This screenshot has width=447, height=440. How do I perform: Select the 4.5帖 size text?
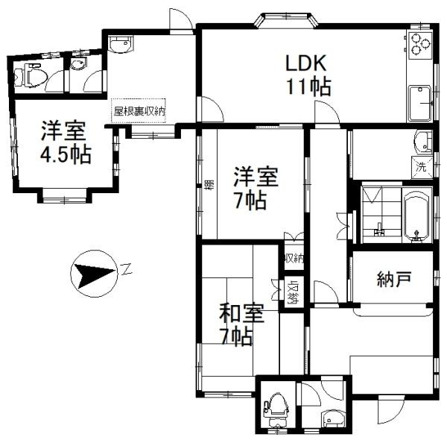[x=66, y=155]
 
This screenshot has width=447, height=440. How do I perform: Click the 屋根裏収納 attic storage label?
[x=139, y=110]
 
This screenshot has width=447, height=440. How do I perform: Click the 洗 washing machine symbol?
[x=421, y=167]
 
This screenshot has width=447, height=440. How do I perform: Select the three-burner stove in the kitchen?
[x=419, y=45]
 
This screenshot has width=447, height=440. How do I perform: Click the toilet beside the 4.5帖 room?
[x=31, y=74]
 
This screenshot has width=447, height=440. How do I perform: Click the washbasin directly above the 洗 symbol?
[x=422, y=142]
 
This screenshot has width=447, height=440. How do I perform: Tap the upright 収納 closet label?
[x=294, y=258]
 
